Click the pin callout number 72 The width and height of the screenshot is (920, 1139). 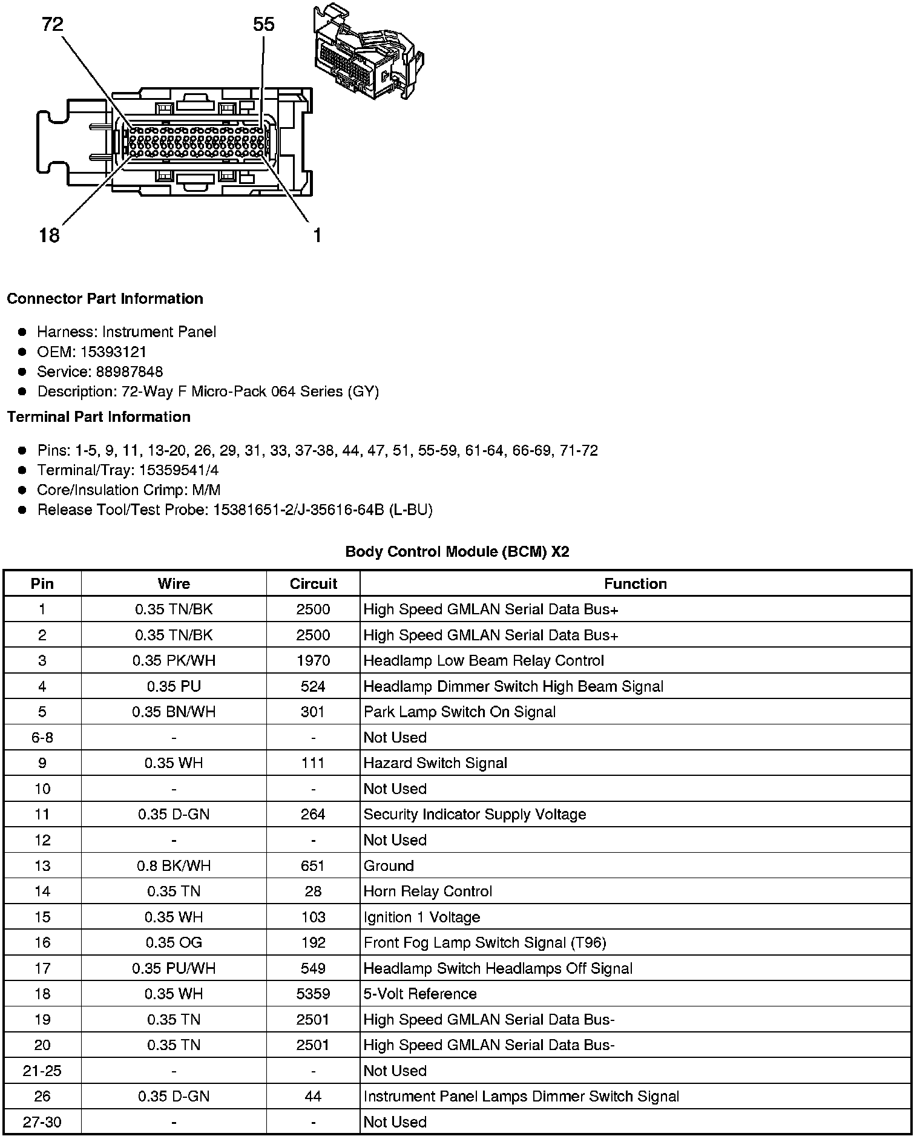click(x=53, y=24)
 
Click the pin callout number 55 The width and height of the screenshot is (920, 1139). click(x=263, y=24)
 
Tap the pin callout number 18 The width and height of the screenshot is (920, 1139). click(x=49, y=235)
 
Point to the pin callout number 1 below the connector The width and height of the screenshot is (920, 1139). click(x=317, y=235)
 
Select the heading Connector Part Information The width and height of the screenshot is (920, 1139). click(x=105, y=299)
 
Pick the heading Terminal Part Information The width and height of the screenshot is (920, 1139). click(x=99, y=417)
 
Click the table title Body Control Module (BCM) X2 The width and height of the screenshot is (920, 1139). click(x=457, y=551)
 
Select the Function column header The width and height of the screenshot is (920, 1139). click(x=635, y=583)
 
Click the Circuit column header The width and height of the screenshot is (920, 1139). click(x=313, y=583)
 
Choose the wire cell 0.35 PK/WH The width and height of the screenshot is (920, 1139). click(x=174, y=660)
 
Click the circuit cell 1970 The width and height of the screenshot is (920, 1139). click(x=313, y=660)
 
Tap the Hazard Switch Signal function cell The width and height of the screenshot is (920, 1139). click(x=435, y=763)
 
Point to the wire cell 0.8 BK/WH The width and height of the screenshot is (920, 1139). click(x=174, y=865)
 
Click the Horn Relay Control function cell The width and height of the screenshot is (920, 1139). click(x=427, y=891)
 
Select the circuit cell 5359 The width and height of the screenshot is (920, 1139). click(x=313, y=994)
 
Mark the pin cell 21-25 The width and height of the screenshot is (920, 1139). click(x=42, y=1071)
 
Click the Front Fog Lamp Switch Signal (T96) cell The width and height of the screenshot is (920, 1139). click(x=485, y=942)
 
